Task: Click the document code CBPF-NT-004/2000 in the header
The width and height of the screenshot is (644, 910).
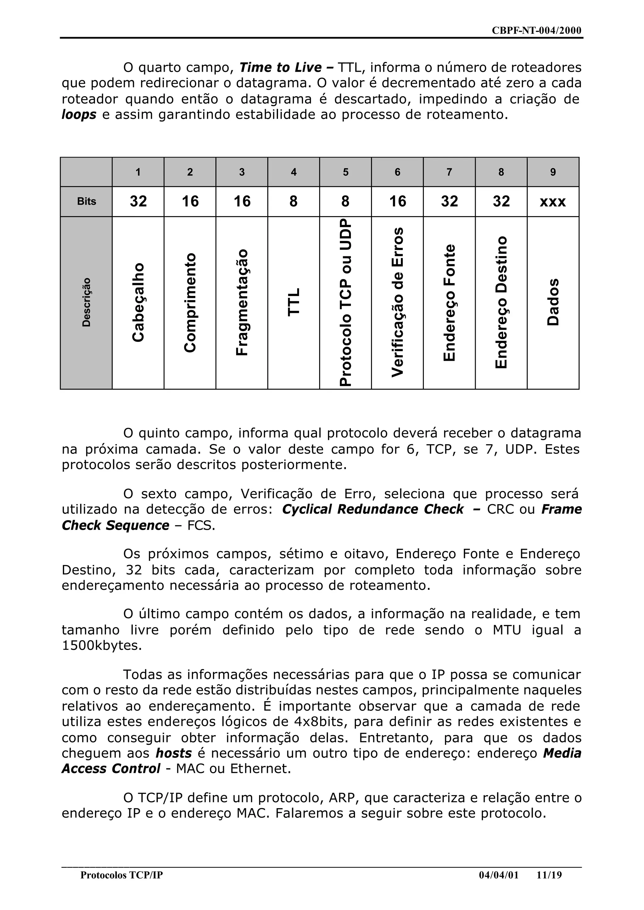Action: (x=536, y=31)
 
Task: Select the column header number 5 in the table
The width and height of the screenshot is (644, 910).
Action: (x=345, y=172)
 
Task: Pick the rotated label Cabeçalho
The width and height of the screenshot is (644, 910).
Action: (x=138, y=302)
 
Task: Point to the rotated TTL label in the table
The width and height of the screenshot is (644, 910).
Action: (x=294, y=302)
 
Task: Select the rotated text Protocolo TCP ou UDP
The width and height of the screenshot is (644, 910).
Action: (x=345, y=302)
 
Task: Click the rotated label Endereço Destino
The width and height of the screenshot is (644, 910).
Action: (x=501, y=302)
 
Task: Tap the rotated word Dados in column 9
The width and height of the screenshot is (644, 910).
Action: (x=553, y=302)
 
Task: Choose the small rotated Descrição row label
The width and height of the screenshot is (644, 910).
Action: (x=86, y=302)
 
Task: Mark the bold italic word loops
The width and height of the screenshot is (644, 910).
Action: (x=79, y=114)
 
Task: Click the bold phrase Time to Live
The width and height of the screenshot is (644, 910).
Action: (x=281, y=67)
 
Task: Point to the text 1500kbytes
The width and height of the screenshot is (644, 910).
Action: (x=102, y=645)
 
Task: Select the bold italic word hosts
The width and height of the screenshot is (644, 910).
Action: (x=174, y=753)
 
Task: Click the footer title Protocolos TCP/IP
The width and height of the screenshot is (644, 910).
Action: (x=121, y=875)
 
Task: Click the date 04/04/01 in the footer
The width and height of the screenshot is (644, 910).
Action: (x=498, y=875)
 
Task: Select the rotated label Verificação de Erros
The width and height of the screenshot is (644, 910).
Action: (x=397, y=302)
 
